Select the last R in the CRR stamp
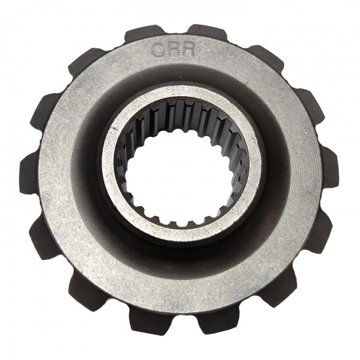188,49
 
